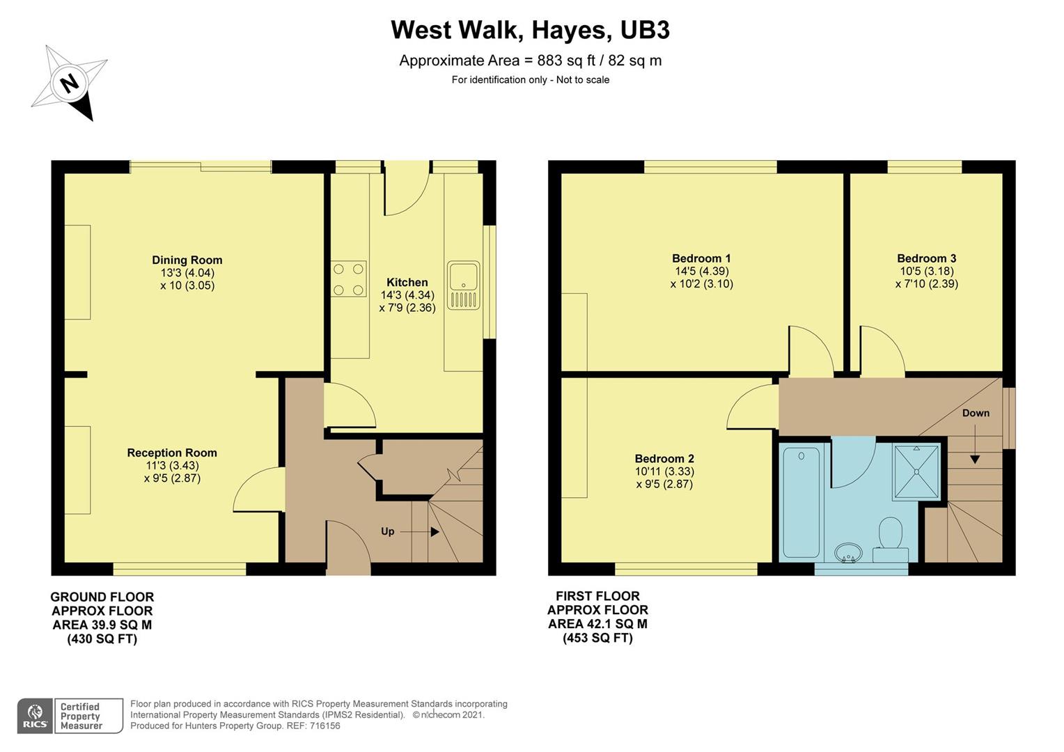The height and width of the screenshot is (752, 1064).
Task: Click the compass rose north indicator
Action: [69, 83]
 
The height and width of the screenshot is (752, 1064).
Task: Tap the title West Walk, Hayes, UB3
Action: [530, 31]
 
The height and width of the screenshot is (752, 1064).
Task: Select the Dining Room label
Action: [187, 260]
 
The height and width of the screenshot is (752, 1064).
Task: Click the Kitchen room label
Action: [407, 283]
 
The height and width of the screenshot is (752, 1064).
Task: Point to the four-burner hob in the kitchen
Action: [348, 279]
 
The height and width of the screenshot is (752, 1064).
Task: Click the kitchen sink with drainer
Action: [463, 285]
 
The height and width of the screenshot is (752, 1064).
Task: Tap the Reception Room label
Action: [172, 453]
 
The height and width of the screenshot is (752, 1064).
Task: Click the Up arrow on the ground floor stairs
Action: [420, 532]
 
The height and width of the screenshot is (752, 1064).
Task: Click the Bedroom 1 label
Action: [701, 258]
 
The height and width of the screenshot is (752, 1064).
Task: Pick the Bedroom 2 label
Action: [664, 459]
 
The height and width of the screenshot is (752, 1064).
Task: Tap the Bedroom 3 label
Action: [926, 258]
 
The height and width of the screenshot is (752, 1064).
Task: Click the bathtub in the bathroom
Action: [801, 501]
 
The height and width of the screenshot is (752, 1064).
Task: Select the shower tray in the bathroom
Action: [917, 471]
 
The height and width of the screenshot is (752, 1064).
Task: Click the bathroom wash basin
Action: [848, 554]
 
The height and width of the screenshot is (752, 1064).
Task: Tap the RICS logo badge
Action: [35, 716]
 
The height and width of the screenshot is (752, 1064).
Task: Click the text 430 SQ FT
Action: [102, 639]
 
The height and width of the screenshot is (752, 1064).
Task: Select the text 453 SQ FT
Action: [597, 639]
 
